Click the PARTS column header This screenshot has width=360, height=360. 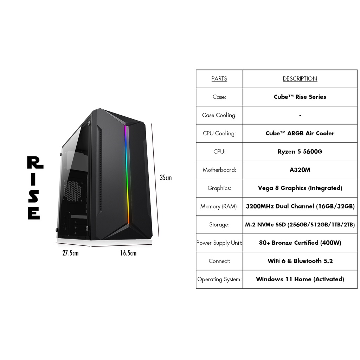tap(219, 78)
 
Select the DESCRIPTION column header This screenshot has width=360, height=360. tap(300, 78)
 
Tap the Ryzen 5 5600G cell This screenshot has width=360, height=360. tap(300, 152)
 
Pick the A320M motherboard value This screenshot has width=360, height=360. tap(300, 170)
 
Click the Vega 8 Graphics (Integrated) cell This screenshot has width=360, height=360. tap(300, 188)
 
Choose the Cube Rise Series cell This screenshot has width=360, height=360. tap(300, 97)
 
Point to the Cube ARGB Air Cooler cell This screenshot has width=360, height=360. tap(300, 133)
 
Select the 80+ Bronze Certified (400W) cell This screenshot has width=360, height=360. tap(300, 243)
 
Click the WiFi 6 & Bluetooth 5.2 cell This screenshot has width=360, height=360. tap(300, 261)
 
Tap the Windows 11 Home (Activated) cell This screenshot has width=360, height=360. tap(300, 279)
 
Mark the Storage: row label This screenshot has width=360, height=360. tap(219, 225)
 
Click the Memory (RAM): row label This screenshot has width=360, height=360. tap(219, 206)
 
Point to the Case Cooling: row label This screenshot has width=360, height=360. tap(219, 115)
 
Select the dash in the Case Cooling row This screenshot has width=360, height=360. tap(300, 115)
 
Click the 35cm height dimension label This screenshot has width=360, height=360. tap(166, 178)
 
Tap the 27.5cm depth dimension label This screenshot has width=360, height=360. tap(70, 253)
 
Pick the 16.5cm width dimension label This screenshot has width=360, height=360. tap(128, 253)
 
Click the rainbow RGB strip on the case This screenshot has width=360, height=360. tap(127, 174)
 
